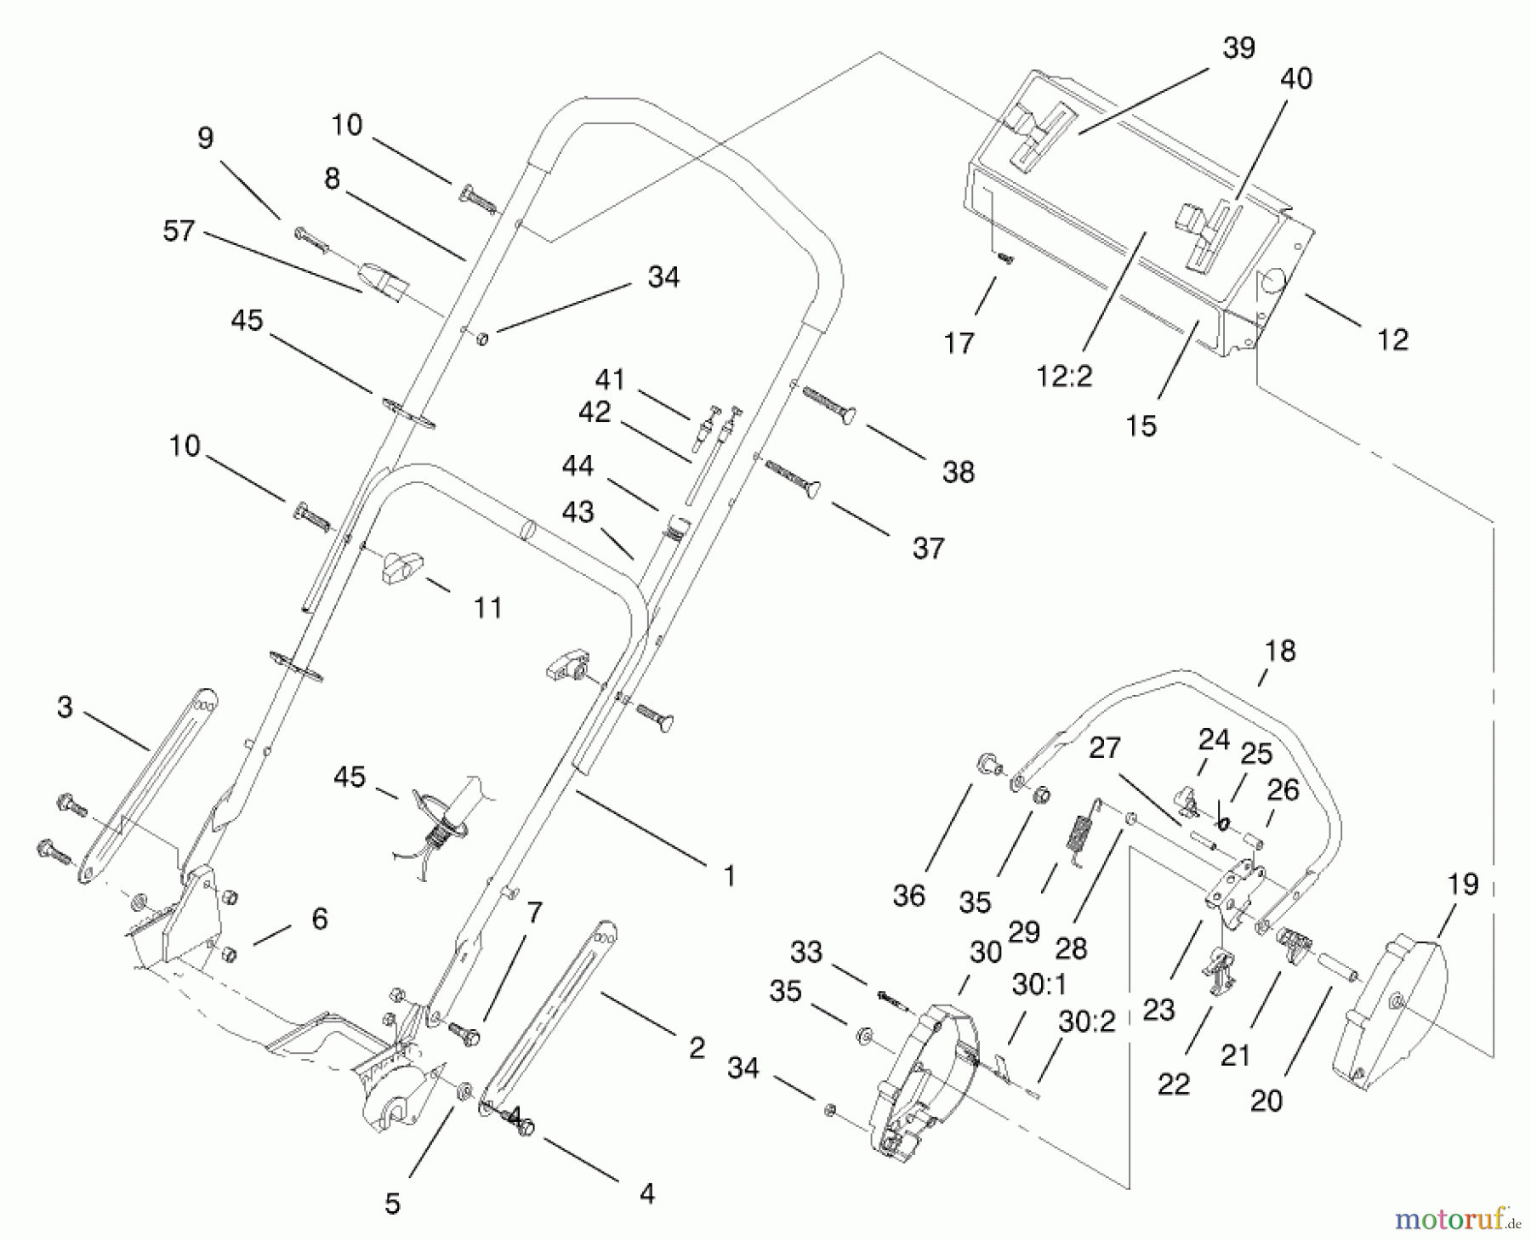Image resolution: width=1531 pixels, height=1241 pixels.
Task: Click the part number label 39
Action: coord(1238,48)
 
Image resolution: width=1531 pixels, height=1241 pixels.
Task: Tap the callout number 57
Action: coord(179,231)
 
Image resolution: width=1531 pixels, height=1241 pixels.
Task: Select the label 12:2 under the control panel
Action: coord(1064,376)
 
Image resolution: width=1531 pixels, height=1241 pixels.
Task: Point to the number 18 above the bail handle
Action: coord(1280,652)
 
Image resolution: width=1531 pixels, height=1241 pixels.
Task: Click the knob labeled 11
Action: coord(400,566)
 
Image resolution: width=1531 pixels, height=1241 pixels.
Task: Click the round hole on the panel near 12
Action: coord(1273,281)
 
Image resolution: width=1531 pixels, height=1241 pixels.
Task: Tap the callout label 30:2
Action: coord(1086,1022)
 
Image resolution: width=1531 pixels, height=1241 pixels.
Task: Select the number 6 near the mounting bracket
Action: coord(320,919)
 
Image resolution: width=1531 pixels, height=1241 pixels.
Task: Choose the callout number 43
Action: coord(578,512)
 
